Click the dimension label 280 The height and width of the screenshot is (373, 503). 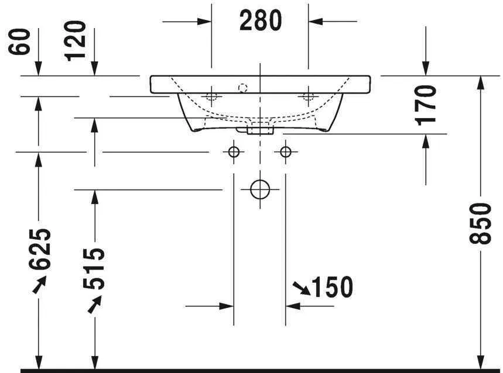[x=260, y=21]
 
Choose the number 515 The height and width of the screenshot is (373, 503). [x=94, y=269]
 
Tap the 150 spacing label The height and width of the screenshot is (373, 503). [x=332, y=287]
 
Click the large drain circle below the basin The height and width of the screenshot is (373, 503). [x=259, y=189]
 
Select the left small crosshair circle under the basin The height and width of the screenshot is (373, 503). [x=234, y=152]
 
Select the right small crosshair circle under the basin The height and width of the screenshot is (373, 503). [x=285, y=152]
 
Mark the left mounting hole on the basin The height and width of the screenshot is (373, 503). [x=211, y=96]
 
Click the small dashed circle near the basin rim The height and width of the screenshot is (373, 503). [x=243, y=88]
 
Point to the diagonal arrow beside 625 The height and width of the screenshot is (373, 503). [x=39, y=284]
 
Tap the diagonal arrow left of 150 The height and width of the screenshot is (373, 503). [x=302, y=287]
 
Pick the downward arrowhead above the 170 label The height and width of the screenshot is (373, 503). [x=426, y=69]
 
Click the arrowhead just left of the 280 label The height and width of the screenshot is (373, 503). [x=204, y=22]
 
